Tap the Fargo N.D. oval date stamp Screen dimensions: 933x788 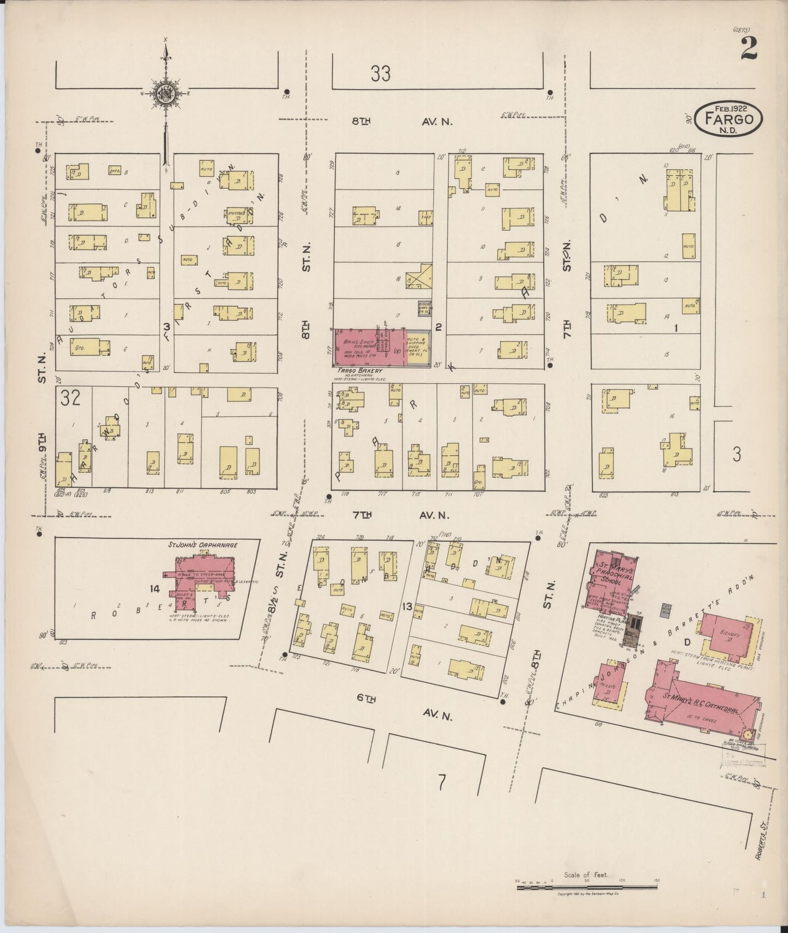tap(729, 118)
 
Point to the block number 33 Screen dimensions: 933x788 tap(380, 73)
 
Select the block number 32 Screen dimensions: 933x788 tap(71, 398)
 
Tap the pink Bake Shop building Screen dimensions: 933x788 tap(369, 348)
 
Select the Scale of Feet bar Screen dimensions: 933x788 tap(587, 888)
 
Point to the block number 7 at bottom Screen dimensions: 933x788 tap(442, 782)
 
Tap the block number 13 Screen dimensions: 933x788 tap(406, 607)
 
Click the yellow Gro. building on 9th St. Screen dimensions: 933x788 tap(84, 348)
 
